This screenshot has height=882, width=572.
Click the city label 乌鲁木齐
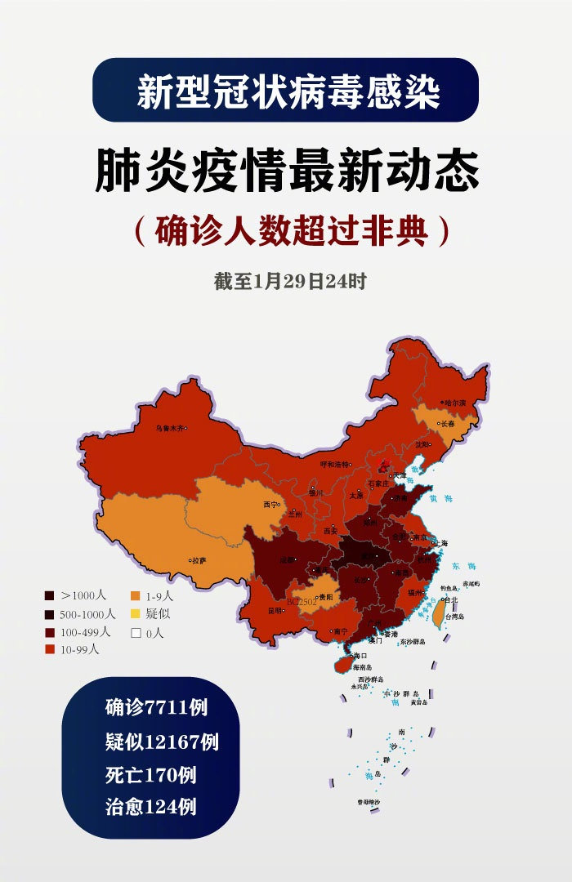[x=170, y=427]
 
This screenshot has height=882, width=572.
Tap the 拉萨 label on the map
[x=199, y=561]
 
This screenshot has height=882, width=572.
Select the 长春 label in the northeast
[x=447, y=424]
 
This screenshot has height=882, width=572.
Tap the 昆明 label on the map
[x=275, y=610]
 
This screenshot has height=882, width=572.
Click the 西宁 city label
[x=271, y=505]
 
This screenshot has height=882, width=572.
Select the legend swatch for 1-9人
[x=136, y=596]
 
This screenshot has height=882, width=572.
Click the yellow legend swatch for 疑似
[x=136, y=614]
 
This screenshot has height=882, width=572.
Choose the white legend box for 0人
[x=136, y=632]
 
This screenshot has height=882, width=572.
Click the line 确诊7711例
[x=156, y=707]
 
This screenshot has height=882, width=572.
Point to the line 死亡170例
[x=150, y=774]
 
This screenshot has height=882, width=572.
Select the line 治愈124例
[x=150, y=808]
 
